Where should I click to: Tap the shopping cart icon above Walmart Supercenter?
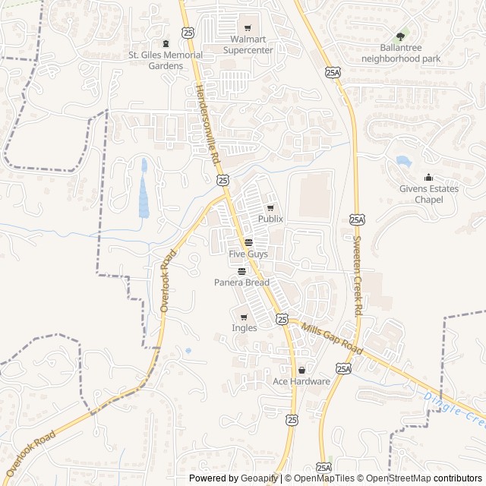point(248,28)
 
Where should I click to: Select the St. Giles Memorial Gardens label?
point(166,60)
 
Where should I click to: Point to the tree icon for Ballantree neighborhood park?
point(400,35)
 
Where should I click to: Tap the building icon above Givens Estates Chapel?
point(428,178)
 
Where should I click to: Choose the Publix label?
point(270,219)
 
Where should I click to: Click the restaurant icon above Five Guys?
point(248,242)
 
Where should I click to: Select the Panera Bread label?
point(241,282)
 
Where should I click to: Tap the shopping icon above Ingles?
point(244,317)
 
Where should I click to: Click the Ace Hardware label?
point(301,381)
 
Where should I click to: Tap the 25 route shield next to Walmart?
point(188,31)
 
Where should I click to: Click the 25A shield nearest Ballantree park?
point(332,72)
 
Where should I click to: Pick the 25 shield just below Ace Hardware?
point(292,419)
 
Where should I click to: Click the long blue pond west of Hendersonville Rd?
point(144,190)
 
